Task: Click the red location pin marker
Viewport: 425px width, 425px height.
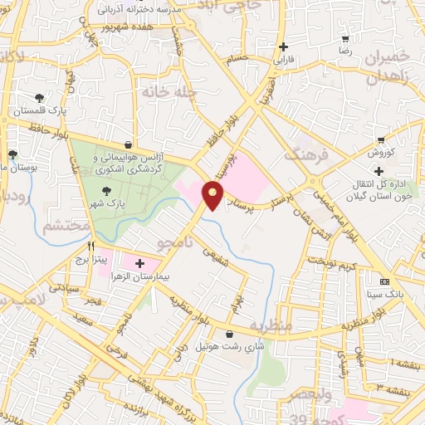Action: pyautogui.click(x=214, y=194)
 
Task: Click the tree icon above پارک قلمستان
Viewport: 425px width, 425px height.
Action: pyautogui.click(x=39, y=98)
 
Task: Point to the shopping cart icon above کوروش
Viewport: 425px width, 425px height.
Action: pyautogui.click(x=381, y=140)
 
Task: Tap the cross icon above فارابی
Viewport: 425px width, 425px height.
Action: pyautogui.click(x=285, y=46)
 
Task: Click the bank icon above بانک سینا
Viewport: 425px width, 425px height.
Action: pyautogui.click(x=383, y=281)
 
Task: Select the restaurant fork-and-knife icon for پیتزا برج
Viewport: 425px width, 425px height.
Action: pyautogui.click(x=92, y=247)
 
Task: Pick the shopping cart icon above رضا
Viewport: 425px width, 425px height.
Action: pyautogui.click(x=344, y=37)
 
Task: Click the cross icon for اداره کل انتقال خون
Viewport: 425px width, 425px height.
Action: pyautogui.click(x=379, y=171)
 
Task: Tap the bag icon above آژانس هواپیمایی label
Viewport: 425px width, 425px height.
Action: pyautogui.click(x=126, y=143)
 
